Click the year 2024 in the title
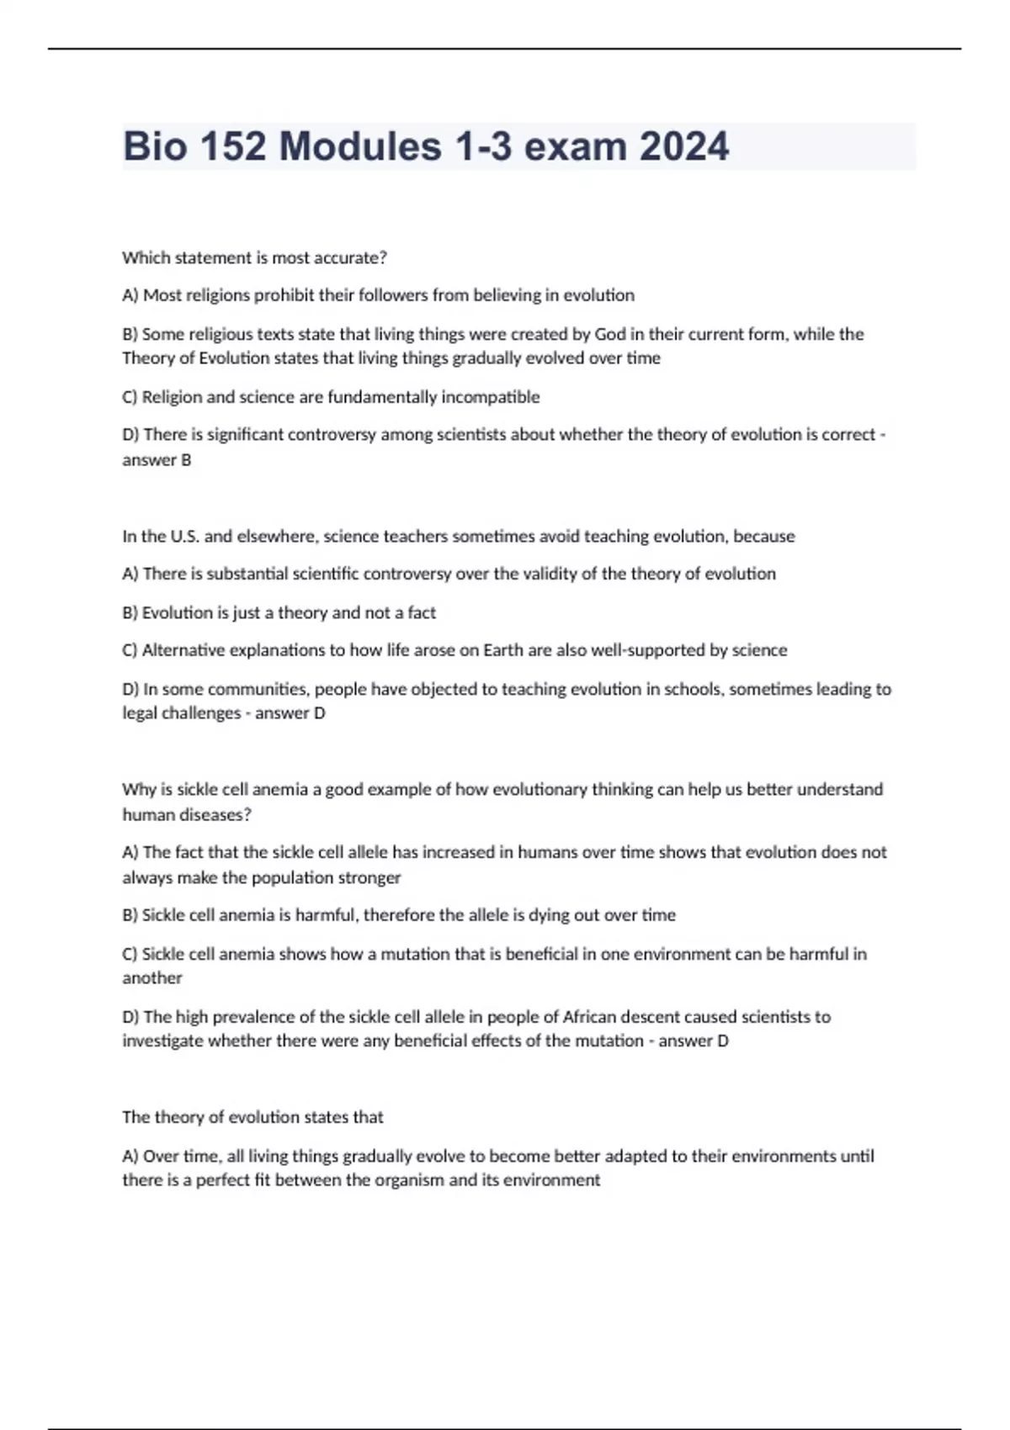(683, 146)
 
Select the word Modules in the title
(360, 146)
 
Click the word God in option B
(610, 334)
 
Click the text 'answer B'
(157, 460)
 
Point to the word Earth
(503, 650)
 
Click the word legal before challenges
(140, 713)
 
